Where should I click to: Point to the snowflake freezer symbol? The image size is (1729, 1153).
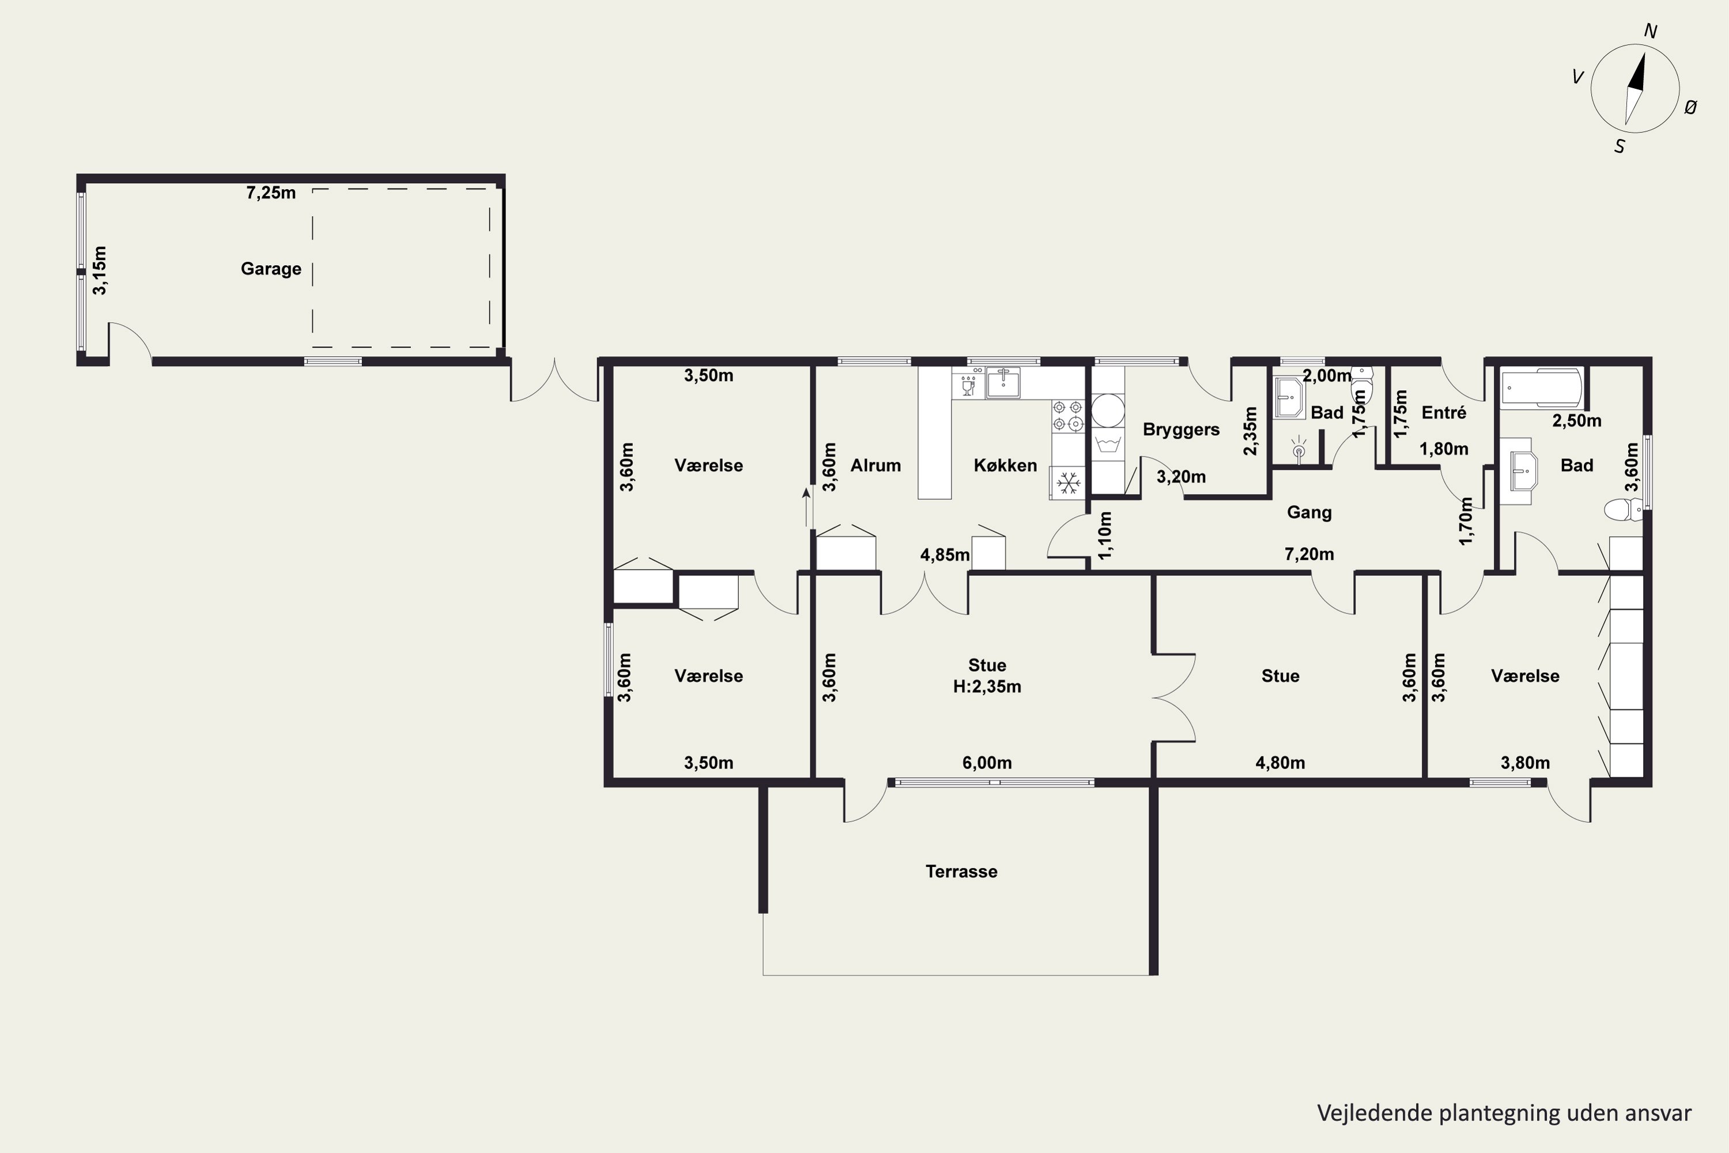click(1067, 483)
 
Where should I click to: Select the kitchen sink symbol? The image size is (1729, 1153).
click(1003, 382)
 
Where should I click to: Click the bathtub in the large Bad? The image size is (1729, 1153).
click(1541, 387)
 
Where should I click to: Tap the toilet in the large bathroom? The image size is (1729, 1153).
click(1623, 509)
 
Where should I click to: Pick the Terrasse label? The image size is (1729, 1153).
click(961, 871)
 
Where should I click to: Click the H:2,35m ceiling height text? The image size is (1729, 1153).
click(987, 686)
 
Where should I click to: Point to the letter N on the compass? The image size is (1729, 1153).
click(1651, 31)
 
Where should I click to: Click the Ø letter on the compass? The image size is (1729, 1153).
click(1691, 107)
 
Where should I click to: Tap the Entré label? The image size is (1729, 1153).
click(1444, 413)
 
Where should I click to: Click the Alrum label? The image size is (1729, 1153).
click(875, 465)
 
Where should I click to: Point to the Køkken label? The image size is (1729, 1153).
click(1005, 465)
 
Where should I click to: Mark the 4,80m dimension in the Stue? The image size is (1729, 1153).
click(1280, 763)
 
